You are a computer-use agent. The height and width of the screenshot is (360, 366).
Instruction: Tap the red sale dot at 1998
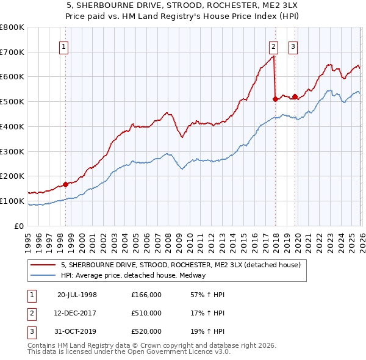click(65, 184)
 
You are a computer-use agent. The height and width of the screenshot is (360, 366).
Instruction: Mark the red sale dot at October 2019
click(295, 96)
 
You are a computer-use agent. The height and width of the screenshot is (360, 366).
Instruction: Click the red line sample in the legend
click(43, 265)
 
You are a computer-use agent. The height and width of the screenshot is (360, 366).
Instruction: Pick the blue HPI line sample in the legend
click(43, 275)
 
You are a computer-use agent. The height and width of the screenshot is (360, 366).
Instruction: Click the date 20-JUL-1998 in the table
click(77, 295)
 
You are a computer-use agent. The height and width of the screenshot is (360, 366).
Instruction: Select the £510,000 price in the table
click(146, 313)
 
